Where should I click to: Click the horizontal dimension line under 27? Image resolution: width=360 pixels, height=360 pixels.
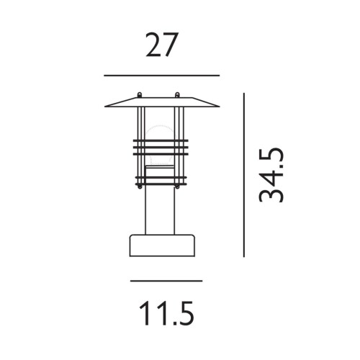click(161, 75)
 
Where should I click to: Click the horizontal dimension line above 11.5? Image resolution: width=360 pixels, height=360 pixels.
click(166, 281)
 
